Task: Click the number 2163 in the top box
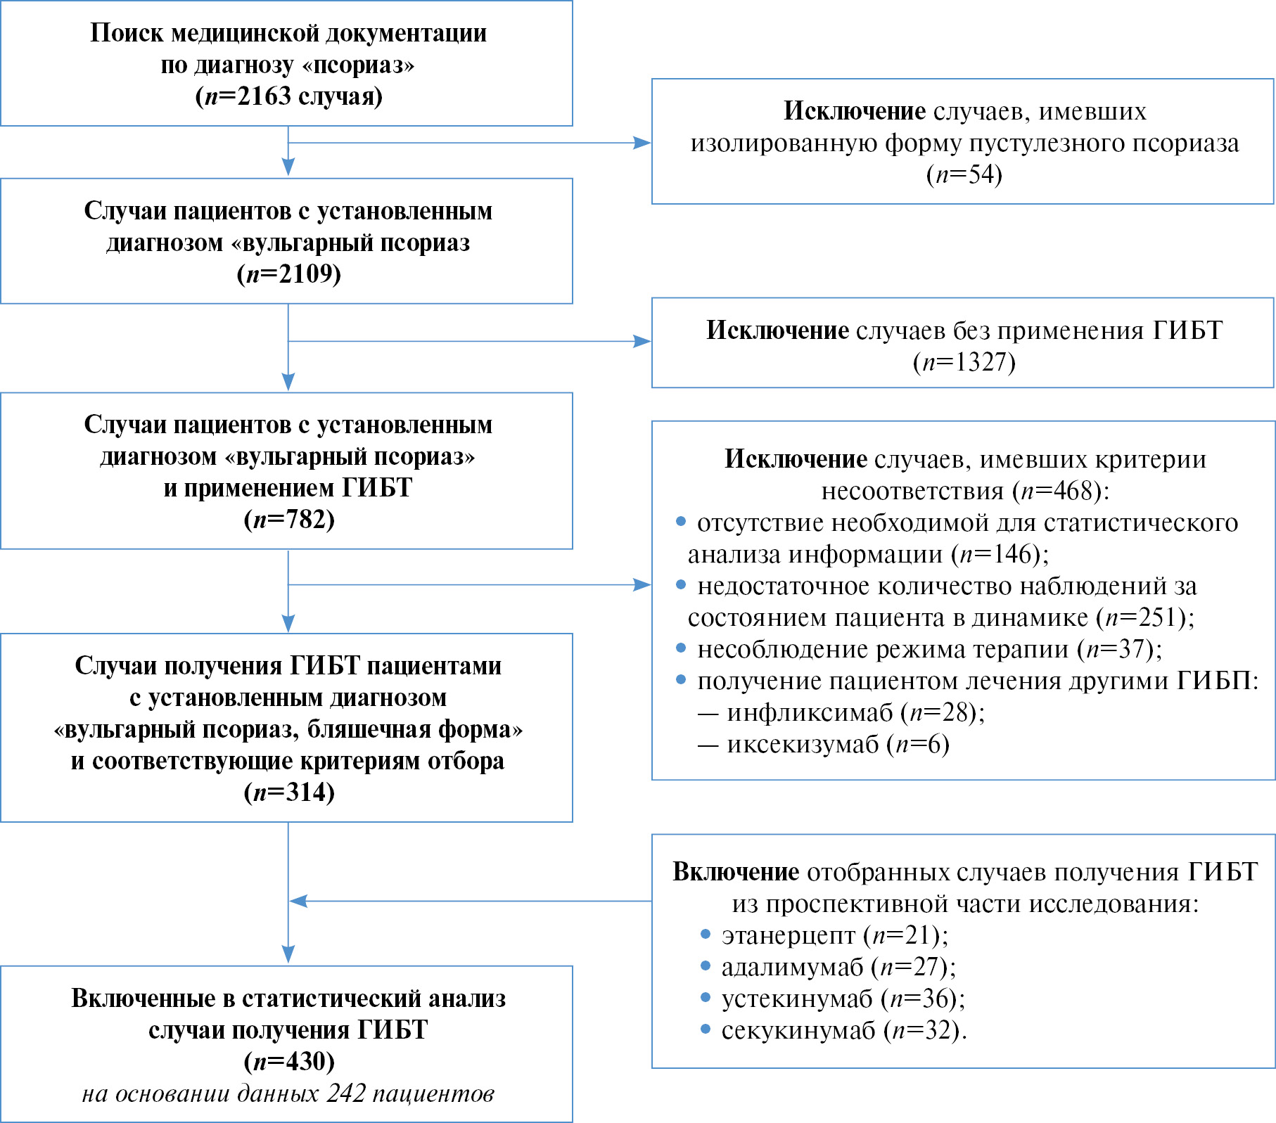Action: tap(264, 96)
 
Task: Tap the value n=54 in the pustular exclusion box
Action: tap(964, 174)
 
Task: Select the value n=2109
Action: tap(289, 274)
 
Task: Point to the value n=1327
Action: tap(964, 362)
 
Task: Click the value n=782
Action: tap(289, 520)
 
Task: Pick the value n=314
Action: tap(289, 792)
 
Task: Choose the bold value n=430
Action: tap(289, 1061)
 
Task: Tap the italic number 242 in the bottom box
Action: tap(346, 1093)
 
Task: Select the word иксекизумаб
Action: tap(803, 745)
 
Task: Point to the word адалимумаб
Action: tap(792, 968)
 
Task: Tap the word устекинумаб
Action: tap(797, 999)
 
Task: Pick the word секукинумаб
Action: tap(798, 1031)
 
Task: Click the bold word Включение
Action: tap(736, 872)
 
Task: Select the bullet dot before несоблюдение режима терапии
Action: tap(680, 648)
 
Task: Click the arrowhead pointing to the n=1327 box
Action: tap(642, 342)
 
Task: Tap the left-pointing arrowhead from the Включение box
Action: tap(298, 901)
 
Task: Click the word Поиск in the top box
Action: tap(127, 33)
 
